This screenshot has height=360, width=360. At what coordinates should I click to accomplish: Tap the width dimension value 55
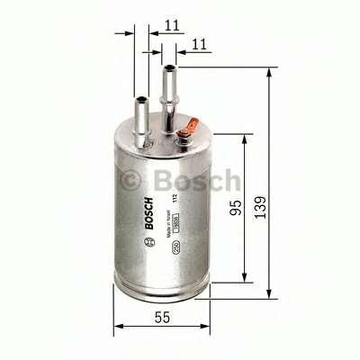(x=161, y=317)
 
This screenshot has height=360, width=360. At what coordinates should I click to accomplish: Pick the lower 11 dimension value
(x=201, y=42)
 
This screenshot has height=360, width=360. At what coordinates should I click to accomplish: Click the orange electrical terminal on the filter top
(x=184, y=135)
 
